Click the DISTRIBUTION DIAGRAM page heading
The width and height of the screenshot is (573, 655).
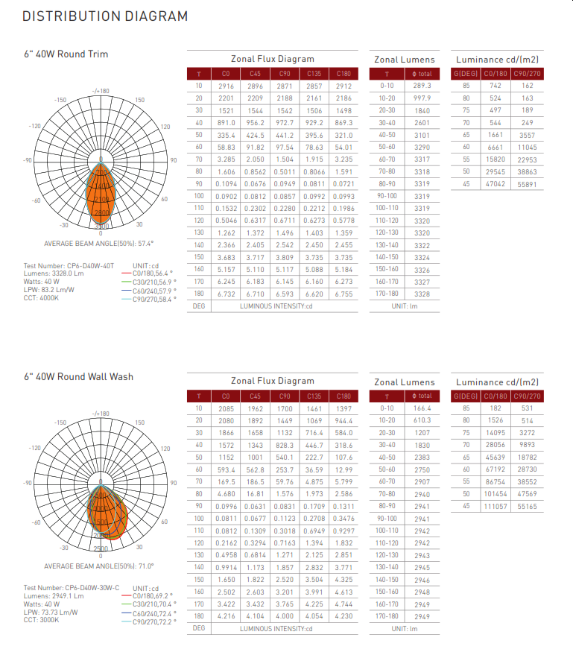[105, 16]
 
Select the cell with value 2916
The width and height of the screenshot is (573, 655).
[226, 86]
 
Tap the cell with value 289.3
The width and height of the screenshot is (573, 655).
[422, 86]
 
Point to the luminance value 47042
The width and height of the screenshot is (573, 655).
[494, 183]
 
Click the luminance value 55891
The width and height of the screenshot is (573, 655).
[527, 183]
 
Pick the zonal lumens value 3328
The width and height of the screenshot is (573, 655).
[422, 294]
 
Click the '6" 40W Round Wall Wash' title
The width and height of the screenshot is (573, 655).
[78, 376]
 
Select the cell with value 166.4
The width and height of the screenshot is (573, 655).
[422, 408]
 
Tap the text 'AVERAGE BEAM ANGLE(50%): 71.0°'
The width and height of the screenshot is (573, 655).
[98, 566]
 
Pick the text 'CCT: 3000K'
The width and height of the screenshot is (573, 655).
[41, 620]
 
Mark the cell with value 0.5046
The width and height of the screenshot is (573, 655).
[226, 220]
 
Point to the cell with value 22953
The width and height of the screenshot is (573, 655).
[527, 159]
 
